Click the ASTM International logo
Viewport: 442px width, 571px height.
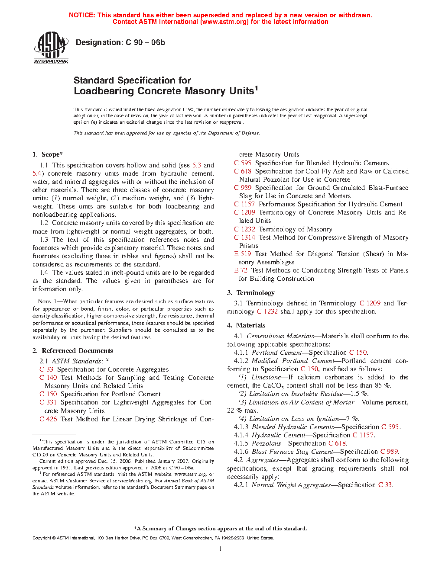[51, 48]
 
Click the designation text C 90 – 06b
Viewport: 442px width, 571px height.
[145, 42]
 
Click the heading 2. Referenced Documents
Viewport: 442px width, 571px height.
[73, 351]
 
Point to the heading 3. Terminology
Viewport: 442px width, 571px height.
[251, 293]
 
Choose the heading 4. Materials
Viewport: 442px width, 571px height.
[246, 325]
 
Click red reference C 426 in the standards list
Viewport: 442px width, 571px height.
[48, 419]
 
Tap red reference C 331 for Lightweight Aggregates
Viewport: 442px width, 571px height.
[48, 402]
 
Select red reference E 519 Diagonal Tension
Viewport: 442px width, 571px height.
[243, 254]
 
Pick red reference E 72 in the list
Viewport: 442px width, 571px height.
[241, 270]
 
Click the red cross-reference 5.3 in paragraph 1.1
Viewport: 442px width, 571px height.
[197, 165]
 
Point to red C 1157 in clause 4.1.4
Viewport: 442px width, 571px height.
[363, 435]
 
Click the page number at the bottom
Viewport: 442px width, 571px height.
[221, 549]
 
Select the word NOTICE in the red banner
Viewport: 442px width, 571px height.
[82, 15]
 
